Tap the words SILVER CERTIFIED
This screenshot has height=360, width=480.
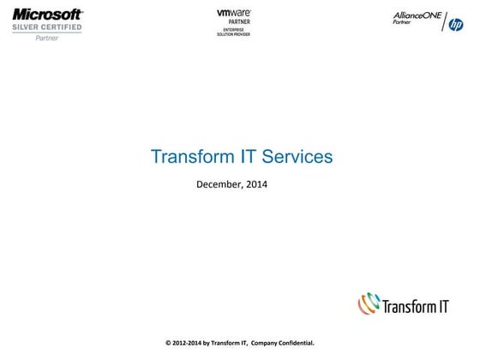(x=47, y=27)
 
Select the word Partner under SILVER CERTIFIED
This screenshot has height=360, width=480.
(x=47, y=39)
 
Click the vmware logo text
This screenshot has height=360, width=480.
(x=233, y=13)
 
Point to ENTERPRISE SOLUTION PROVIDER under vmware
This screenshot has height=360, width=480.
(x=233, y=33)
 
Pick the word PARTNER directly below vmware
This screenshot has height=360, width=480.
(x=233, y=22)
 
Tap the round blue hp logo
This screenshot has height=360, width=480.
(x=456, y=25)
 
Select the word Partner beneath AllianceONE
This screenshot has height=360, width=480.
(x=402, y=24)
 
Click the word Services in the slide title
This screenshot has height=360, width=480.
(x=297, y=157)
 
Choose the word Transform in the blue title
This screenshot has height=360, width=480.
(x=189, y=157)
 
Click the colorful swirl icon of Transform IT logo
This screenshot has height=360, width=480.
(x=369, y=303)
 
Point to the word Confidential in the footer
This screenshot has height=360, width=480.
(x=295, y=343)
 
